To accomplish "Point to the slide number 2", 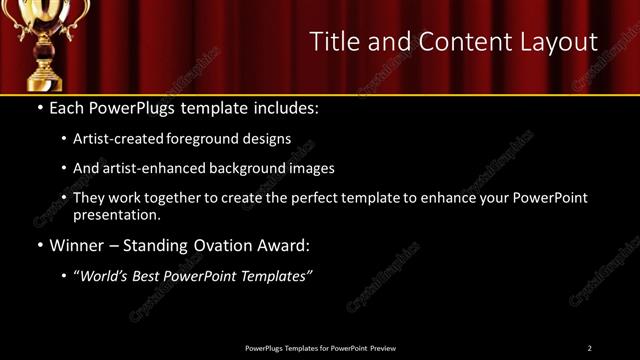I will point(589,348).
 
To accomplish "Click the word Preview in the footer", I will point(383,348).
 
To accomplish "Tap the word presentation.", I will point(116,214).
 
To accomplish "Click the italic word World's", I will point(105,276).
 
